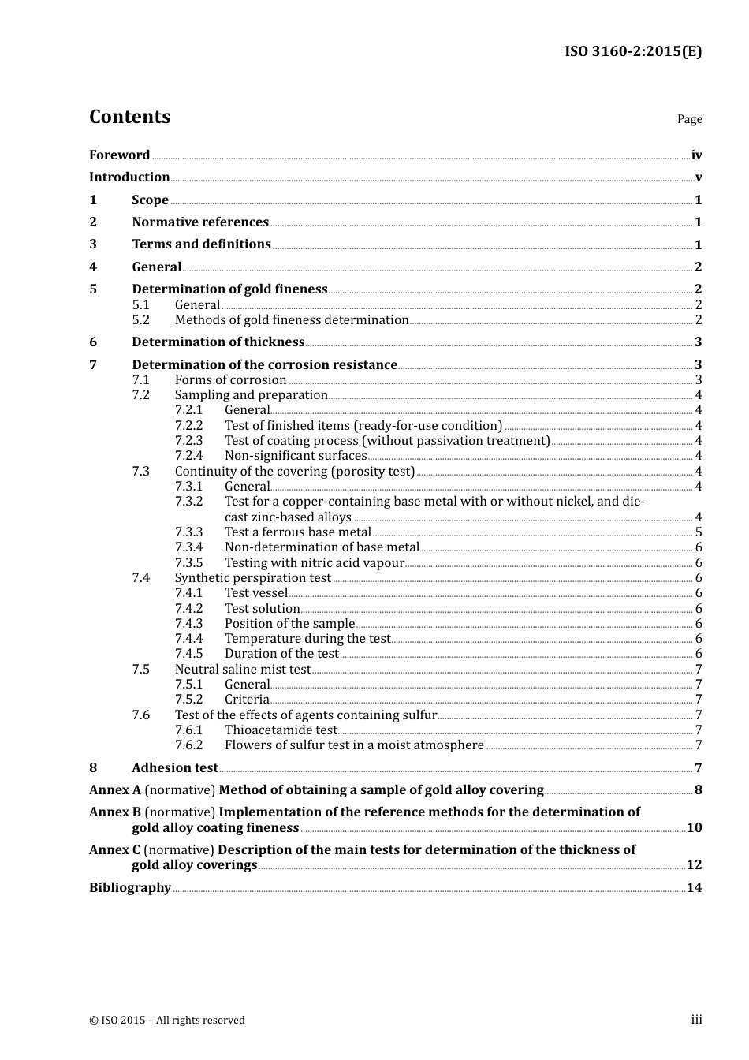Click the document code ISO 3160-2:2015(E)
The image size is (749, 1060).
point(633,52)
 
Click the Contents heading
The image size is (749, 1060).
point(129,117)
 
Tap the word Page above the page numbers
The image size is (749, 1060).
point(689,119)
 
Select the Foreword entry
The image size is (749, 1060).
point(119,155)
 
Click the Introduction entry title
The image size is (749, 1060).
point(129,177)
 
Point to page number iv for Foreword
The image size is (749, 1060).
point(696,155)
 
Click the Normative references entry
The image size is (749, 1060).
point(200,222)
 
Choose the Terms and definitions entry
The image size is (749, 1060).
point(201,244)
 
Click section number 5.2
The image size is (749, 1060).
point(140,320)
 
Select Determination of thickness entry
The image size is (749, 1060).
point(218,342)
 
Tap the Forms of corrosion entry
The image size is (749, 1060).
point(230,380)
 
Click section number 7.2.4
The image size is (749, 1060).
point(188,456)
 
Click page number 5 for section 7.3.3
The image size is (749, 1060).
point(699,532)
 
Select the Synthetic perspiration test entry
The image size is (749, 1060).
point(252,578)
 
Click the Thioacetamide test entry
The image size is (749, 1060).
point(281,730)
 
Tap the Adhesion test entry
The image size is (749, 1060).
point(174,768)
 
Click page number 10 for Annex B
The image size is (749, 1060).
point(694,828)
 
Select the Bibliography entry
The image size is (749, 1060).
point(130,888)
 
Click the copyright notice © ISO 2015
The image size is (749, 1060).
point(167,1021)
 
